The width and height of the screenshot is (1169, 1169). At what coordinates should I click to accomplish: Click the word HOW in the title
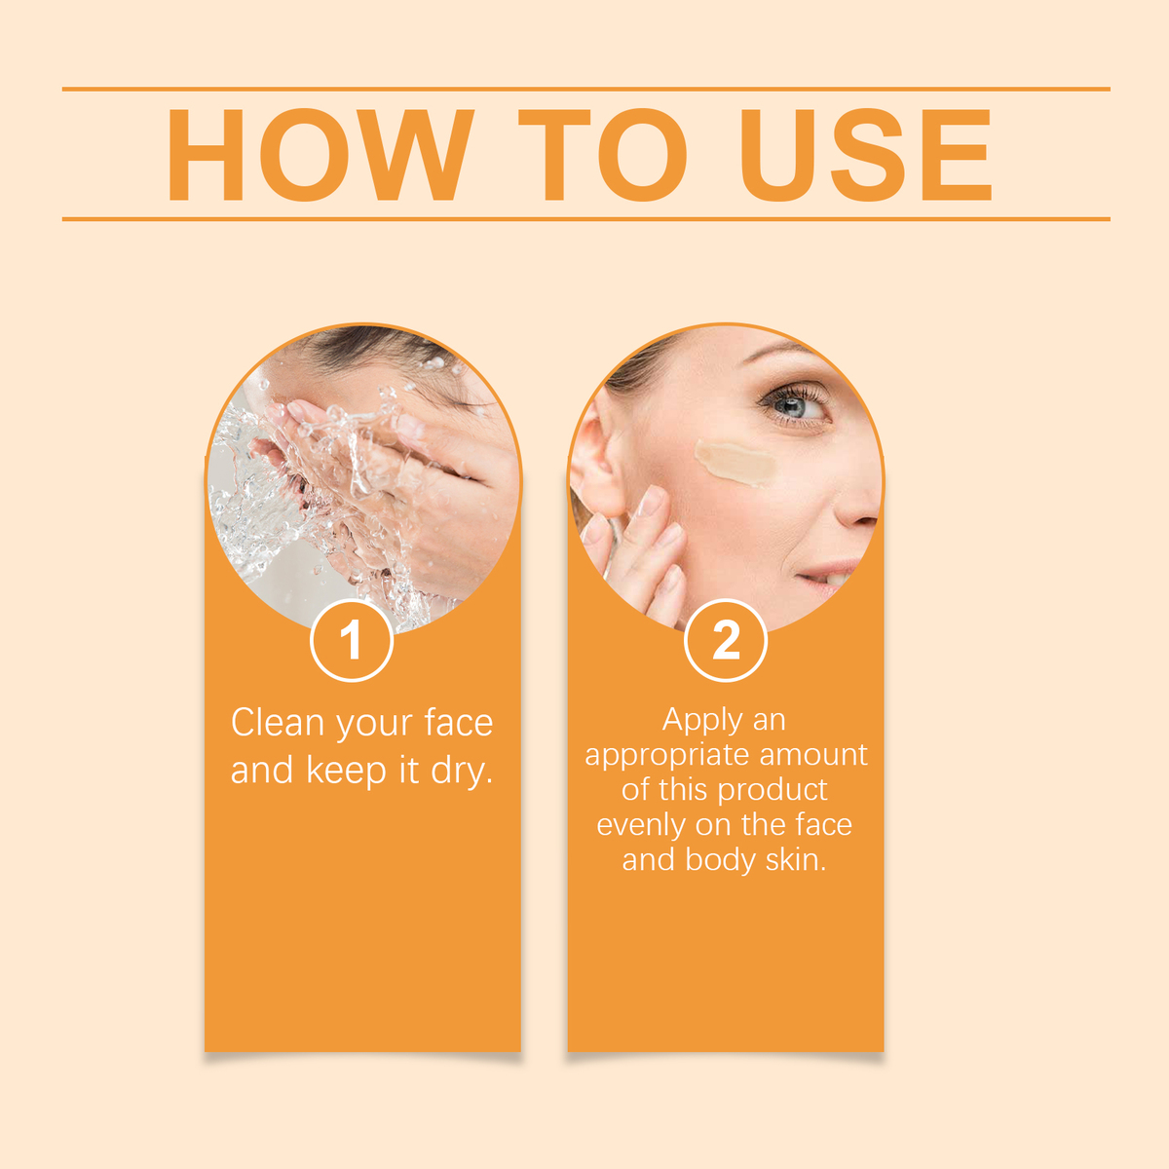320,155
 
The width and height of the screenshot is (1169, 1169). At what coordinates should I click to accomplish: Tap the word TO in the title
602,155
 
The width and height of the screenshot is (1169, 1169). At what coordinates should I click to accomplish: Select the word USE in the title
866,155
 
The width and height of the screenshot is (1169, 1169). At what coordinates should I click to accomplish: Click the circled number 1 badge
352,641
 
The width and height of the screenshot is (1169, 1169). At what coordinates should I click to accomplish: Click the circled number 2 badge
726,641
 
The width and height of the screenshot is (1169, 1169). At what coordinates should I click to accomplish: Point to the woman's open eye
793,404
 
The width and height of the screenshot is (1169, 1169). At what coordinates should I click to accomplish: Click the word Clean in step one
278,723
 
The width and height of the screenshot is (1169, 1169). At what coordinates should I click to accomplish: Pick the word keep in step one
347,771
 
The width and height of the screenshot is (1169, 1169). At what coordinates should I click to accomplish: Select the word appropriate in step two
667,756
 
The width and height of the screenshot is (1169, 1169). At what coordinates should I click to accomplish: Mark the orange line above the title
586,89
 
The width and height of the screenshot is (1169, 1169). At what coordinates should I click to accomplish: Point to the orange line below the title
586,219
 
